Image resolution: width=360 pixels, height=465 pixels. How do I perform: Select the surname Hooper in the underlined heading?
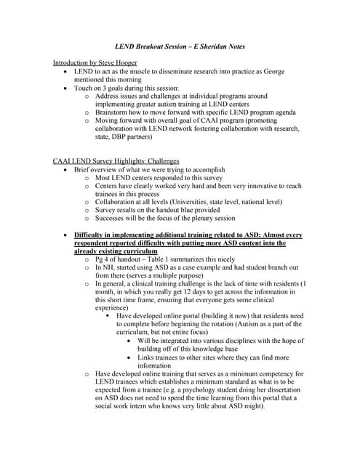click(x=121, y=62)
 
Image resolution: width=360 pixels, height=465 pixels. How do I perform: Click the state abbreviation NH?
click(x=108, y=267)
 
